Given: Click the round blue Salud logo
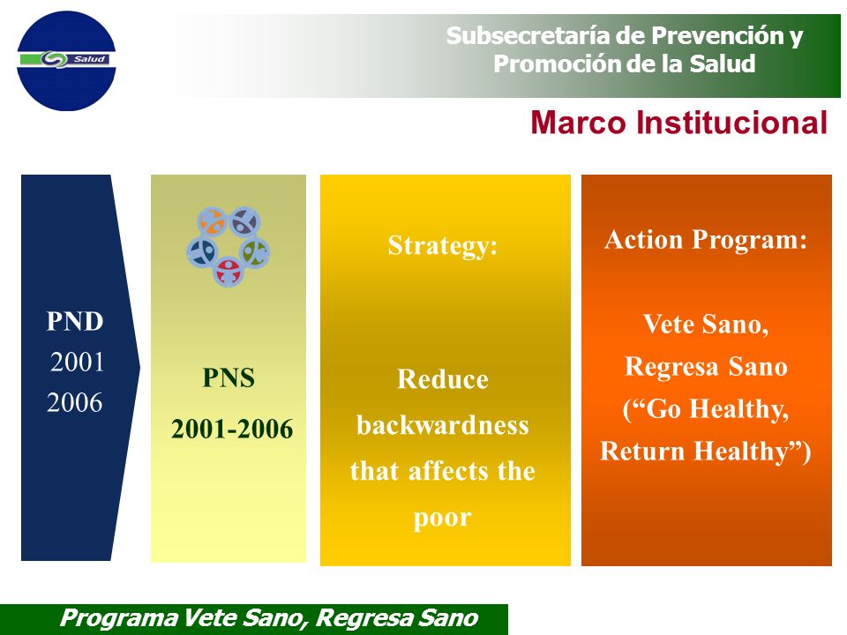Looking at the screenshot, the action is tap(66, 61).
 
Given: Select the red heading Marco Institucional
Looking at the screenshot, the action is tap(679, 123).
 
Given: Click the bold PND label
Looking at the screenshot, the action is tap(74, 321).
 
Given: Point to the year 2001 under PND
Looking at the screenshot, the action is tap(77, 362).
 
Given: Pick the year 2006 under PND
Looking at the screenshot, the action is tap(74, 403).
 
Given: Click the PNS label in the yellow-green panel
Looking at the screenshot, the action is tap(229, 377).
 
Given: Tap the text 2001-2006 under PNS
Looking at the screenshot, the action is tap(232, 430).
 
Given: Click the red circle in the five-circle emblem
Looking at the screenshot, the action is tap(229, 271).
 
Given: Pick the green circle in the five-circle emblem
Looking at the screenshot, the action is tap(254, 252).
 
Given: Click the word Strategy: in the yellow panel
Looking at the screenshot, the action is tap(443, 246).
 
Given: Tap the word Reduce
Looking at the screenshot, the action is tap(443, 379).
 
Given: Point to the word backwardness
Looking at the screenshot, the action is tap(443, 425).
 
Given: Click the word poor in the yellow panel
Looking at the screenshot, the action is tap(443, 519).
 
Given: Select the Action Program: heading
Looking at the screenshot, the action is tap(706, 240).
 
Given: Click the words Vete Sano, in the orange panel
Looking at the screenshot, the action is tap(706, 325).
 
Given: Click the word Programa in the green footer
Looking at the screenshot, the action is tap(118, 617).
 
